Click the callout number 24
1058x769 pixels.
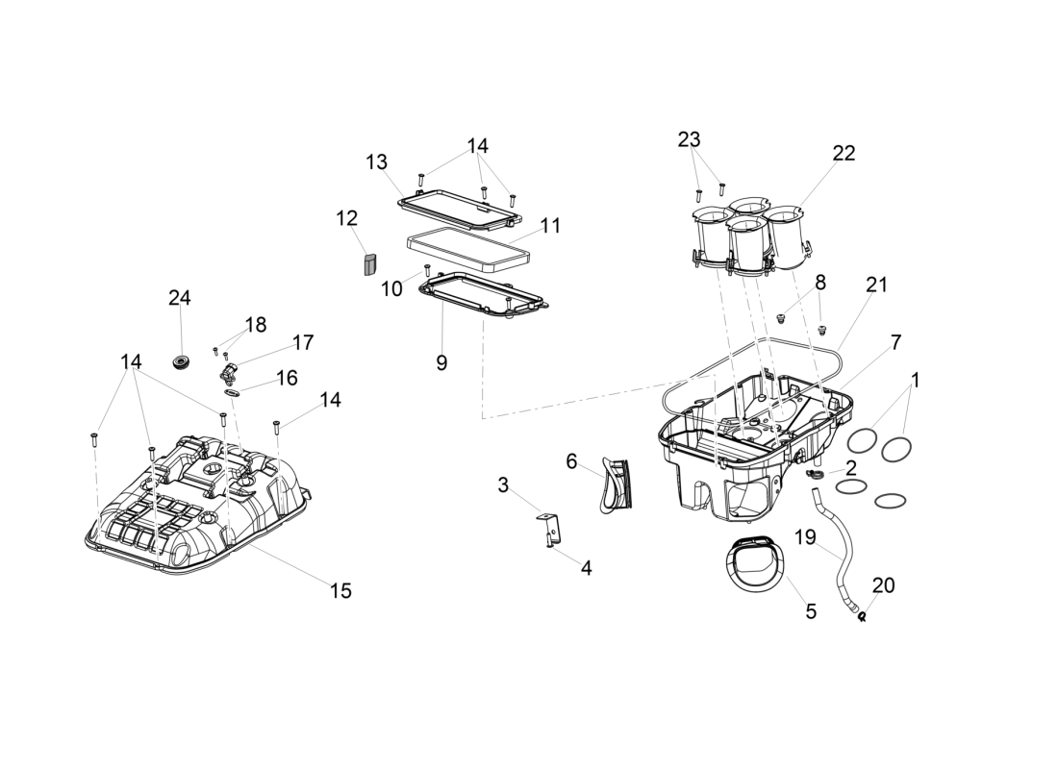(179, 298)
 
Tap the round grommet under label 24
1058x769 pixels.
(180, 362)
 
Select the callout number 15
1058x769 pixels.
(340, 590)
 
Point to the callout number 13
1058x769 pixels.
(376, 161)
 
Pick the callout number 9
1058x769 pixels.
(441, 362)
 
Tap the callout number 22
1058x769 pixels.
(844, 153)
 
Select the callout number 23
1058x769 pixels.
(689, 139)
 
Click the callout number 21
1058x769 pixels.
(876, 285)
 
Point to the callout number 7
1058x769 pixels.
(895, 342)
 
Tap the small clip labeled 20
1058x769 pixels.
(863, 616)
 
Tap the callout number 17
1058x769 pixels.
(303, 342)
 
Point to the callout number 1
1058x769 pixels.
(915, 380)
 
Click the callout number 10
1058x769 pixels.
(391, 288)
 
